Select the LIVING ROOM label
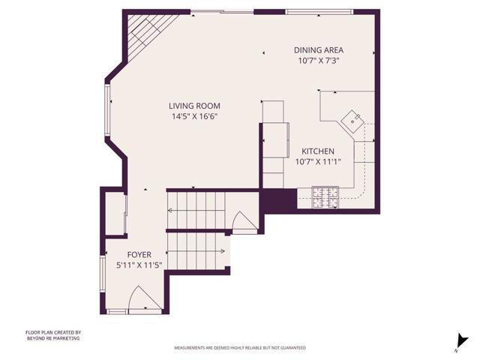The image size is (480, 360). (194, 106)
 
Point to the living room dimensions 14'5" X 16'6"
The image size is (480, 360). (194, 116)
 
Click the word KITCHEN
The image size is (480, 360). (317, 151)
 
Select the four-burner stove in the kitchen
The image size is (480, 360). (325, 199)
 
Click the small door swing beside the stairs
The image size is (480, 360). (244, 222)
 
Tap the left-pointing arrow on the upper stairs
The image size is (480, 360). (169, 211)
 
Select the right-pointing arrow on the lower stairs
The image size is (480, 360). (223, 251)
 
